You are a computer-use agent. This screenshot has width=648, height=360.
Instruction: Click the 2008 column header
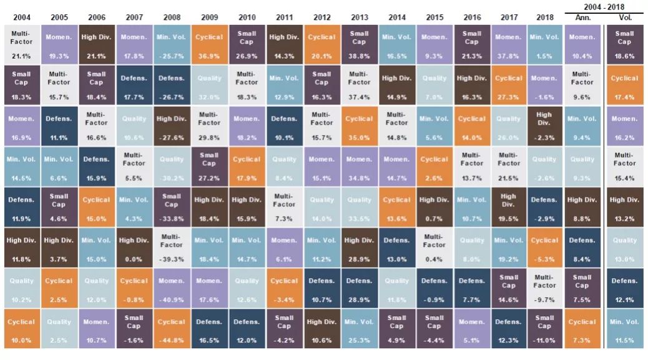click(172, 17)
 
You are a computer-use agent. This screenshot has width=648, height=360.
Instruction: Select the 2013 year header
click(359, 17)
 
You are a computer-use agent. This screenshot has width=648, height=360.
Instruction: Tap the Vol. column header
click(625, 17)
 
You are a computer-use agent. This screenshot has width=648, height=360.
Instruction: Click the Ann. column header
click(582, 17)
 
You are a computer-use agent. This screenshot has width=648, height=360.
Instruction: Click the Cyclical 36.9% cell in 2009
click(209, 44)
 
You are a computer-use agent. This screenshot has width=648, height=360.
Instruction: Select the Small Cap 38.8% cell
click(359, 44)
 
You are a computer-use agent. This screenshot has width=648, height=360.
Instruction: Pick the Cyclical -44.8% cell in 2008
click(172, 328)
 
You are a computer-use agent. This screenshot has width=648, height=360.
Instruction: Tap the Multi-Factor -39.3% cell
click(172, 247)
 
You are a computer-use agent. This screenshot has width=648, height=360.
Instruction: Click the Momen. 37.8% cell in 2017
click(509, 44)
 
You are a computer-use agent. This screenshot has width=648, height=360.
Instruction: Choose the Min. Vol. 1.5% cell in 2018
click(544, 44)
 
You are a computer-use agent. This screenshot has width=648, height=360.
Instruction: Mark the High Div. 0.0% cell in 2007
click(134, 247)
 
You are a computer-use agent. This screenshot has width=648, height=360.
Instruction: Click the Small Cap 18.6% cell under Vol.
click(625, 44)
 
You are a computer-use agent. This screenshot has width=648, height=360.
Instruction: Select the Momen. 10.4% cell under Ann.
click(582, 44)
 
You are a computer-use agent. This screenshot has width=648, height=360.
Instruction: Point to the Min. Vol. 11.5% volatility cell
click(625, 328)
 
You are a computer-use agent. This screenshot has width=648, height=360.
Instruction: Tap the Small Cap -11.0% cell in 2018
click(544, 328)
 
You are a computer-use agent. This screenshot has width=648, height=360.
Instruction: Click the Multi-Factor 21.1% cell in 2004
click(22, 44)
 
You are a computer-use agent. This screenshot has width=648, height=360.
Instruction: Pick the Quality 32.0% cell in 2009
click(209, 84)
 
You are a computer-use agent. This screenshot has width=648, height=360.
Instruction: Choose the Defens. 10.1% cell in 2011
click(284, 125)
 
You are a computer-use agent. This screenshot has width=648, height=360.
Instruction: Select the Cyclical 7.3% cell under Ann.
click(582, 328)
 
